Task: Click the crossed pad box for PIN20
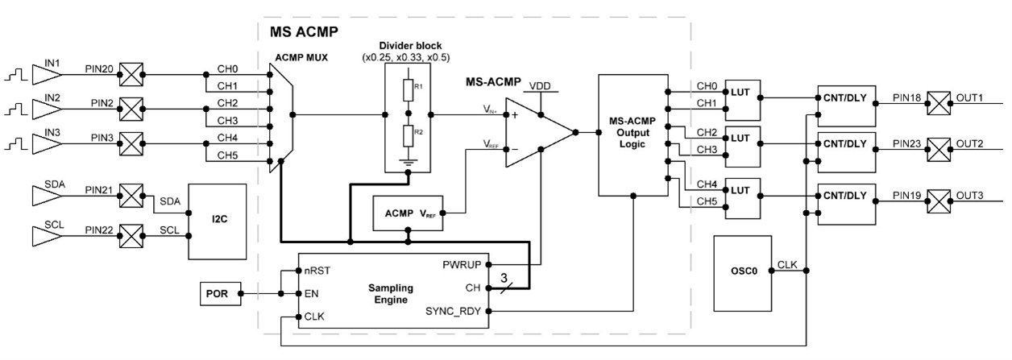pos(130,75)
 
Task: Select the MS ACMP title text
pos(299,32)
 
